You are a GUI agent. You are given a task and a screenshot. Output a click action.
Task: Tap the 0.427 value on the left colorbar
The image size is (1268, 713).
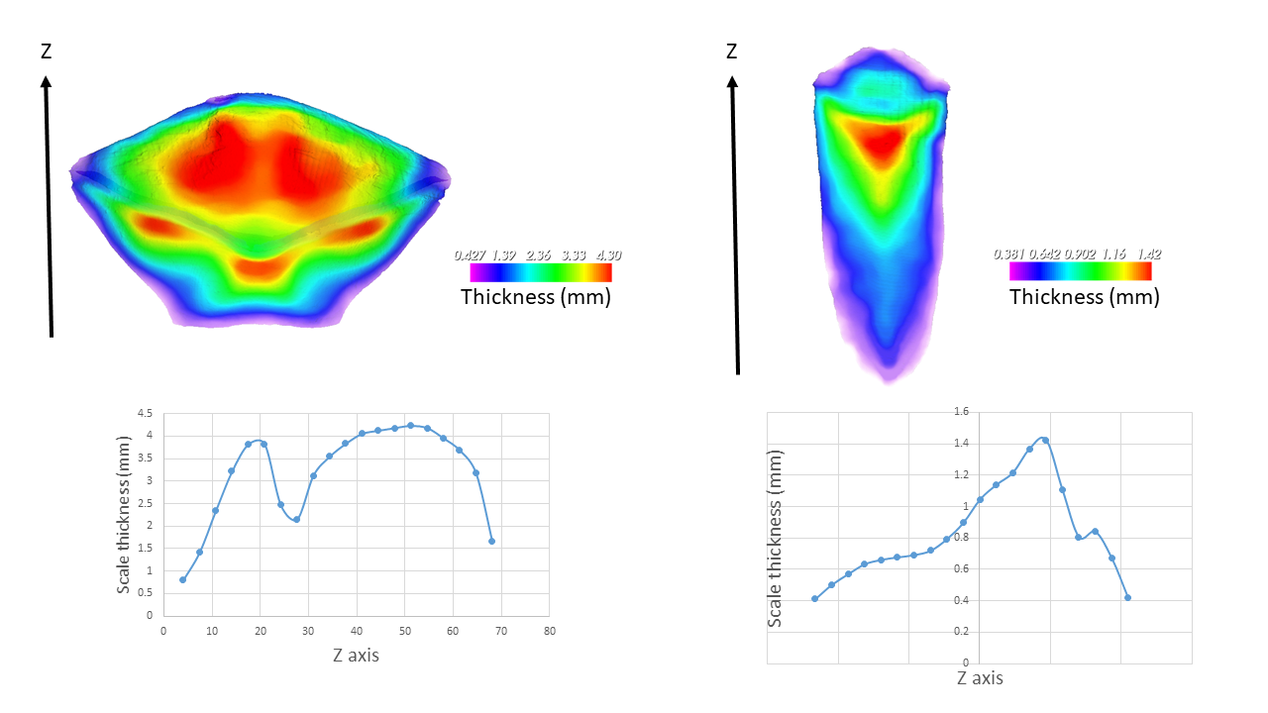click(x=469, y=255)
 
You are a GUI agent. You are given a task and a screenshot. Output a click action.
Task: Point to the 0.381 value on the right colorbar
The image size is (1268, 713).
click(x=1008, y=254)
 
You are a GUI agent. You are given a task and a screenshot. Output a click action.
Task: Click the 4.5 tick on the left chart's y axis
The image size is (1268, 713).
click(x=145, y=413)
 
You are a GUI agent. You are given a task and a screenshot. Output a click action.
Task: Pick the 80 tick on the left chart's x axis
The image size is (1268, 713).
click(x=550, y=630)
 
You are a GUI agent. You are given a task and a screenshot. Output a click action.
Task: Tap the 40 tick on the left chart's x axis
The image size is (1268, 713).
click(x=357, y=630)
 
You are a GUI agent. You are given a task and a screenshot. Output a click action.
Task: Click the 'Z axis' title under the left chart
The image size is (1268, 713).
click(x=355, y=655)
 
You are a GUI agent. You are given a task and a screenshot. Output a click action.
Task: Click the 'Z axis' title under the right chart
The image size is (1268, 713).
click(x=980, y=678)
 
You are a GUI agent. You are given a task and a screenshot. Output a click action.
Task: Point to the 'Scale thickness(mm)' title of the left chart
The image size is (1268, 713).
click(x=124, y=515)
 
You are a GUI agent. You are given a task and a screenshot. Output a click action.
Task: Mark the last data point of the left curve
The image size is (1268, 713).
click(x=491, y=541)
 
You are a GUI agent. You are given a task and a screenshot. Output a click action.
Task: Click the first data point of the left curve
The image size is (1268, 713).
click(x=182, y=579)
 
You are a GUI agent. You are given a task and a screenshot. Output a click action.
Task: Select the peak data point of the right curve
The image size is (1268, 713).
click(x=1045, y=441)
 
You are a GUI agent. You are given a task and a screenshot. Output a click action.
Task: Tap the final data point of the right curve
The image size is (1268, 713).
click(x=1127, y=597)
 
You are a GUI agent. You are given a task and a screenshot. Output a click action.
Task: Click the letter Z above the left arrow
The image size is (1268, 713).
click(x=46, y=51)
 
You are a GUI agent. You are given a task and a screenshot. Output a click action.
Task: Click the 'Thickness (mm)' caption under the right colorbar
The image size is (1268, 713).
click(x=1084, y=296)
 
